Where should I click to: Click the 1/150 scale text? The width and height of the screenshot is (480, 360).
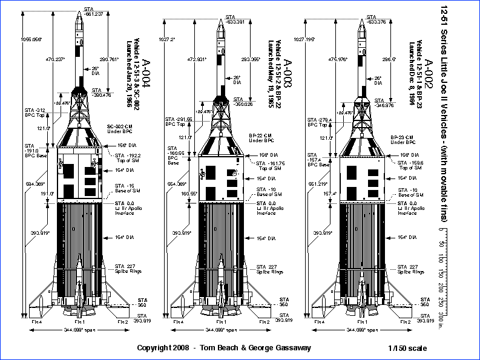[409, 348]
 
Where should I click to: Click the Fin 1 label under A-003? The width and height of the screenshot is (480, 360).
[219, 322]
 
